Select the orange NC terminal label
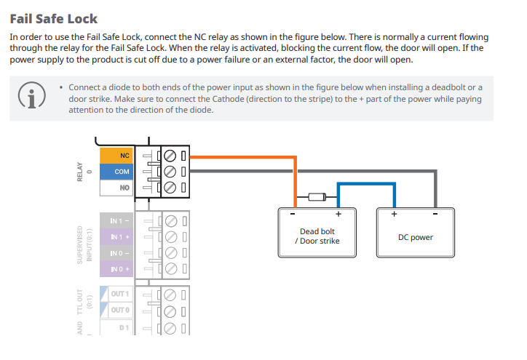coord(116,155)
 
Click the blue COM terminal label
coord(116,171)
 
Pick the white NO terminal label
coord(116,187)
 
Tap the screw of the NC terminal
coord(170,155)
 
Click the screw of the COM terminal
coord(170,171)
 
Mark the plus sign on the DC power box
coord(394,215)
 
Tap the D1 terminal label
coord(123,328)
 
